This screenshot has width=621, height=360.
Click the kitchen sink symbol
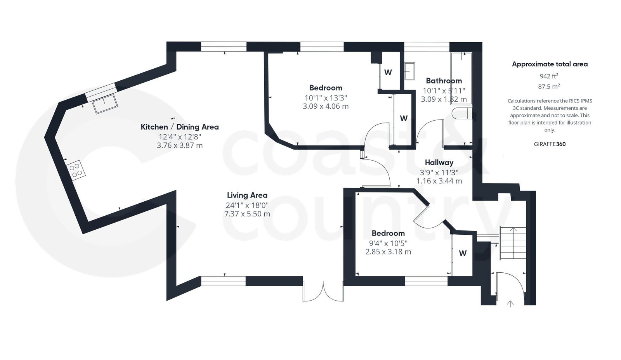105,103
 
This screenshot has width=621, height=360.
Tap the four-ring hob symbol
76,170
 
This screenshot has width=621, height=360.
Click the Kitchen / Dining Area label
179,127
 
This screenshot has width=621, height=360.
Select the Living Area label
247,195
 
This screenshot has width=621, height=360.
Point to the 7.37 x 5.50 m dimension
247,214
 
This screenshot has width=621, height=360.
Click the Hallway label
439,163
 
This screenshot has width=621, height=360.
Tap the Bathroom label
444,81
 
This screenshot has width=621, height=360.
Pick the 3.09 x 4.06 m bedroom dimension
325,106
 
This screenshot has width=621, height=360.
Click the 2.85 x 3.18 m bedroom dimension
388,252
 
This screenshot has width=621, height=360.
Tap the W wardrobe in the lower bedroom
463,253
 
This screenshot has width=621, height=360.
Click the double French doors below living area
323,292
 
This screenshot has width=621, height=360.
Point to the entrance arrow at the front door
510,303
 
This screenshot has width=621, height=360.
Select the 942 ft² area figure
549,76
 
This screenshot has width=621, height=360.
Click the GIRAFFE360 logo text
550,144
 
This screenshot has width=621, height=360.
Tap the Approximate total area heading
550,64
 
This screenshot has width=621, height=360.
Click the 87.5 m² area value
549,87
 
